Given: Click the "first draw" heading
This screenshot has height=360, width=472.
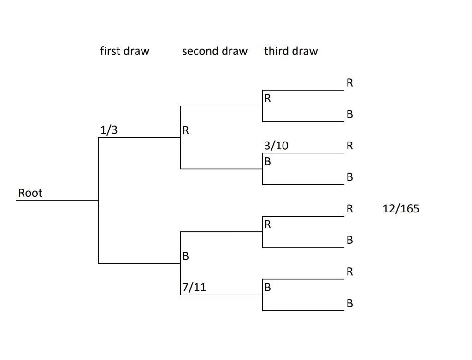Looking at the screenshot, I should (124, 51).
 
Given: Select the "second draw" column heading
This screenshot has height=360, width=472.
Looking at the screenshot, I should (214, 51).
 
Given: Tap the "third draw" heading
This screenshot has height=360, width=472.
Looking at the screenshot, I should (290, 51).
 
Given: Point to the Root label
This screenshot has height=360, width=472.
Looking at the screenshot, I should (30, 193).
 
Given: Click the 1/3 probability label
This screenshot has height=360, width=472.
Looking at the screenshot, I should (109, 130).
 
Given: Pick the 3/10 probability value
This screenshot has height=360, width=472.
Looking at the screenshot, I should (276, 146).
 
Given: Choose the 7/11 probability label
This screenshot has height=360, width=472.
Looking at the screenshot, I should (194, 288).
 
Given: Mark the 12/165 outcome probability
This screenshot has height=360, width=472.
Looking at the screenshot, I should (401, 209).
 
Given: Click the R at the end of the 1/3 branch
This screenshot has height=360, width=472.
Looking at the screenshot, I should (186, 130).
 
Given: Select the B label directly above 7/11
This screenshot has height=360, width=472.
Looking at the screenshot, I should (186, 256).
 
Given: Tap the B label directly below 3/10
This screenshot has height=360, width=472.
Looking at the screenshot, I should (268, 162).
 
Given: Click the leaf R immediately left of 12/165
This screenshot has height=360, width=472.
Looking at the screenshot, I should (349, 209).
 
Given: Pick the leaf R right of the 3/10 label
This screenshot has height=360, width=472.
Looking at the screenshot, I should (349, 146).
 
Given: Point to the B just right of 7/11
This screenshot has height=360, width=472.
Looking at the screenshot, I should (268, 288).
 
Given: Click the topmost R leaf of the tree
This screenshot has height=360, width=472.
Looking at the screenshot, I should (349, 83).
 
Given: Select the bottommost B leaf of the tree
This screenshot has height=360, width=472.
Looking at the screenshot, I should (349, 303).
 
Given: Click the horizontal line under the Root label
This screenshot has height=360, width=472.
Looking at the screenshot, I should (57, 201).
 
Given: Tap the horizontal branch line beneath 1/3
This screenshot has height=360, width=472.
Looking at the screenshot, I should (139, 137).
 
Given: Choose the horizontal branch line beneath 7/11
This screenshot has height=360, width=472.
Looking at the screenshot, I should (221, 295).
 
